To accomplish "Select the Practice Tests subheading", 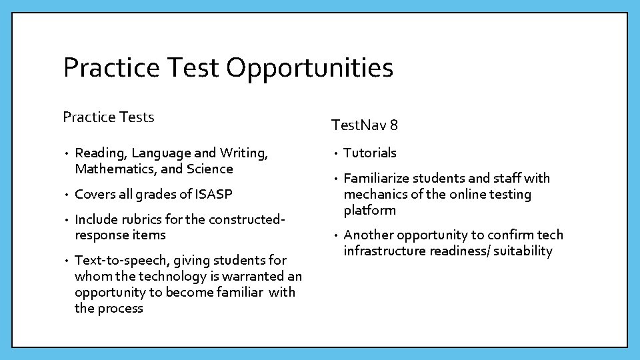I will (x=108, y=117).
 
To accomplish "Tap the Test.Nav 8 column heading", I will (x=365, y=125).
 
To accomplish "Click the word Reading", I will (x=100, y=153).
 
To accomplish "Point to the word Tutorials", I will (x=370, y=153).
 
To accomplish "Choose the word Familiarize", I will (x=376, y=178).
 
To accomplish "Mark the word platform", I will (x=369, y=211).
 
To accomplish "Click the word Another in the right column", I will (x=368, y=235).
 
